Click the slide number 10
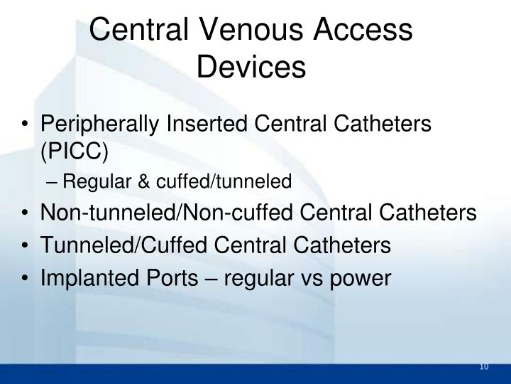pyautogui.click(x=485, y=367)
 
